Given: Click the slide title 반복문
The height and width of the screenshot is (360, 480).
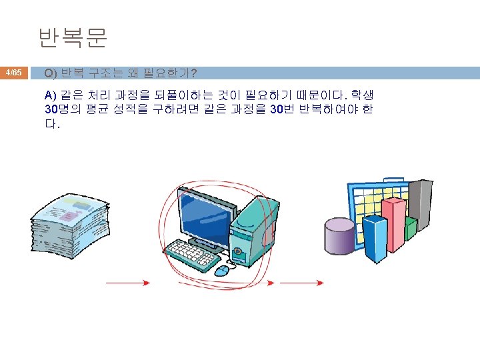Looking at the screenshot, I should point(73,39).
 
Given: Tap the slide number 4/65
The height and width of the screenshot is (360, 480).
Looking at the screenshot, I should point(14,72).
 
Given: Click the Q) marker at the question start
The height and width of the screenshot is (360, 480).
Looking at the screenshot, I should point(51,72).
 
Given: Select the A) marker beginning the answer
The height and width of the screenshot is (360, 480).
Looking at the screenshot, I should point(51,93).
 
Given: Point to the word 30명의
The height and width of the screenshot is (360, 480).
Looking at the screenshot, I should point(62,109).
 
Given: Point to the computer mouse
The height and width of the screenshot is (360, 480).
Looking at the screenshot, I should point(222,269).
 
